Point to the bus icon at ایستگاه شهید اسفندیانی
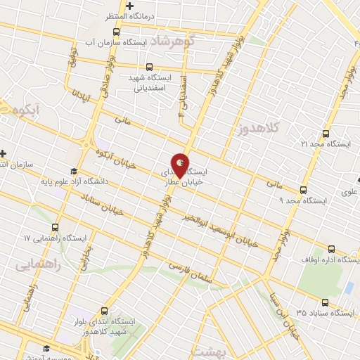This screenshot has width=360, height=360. [141, 67]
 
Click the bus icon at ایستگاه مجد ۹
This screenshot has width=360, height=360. [303, 190]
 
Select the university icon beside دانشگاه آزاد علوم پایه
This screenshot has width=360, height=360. [73, 170]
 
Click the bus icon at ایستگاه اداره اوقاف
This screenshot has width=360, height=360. [332, 249]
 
